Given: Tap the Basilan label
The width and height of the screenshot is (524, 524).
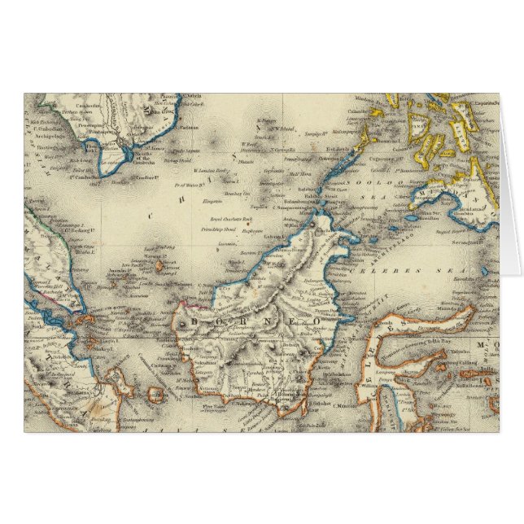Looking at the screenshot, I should [423, 216].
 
